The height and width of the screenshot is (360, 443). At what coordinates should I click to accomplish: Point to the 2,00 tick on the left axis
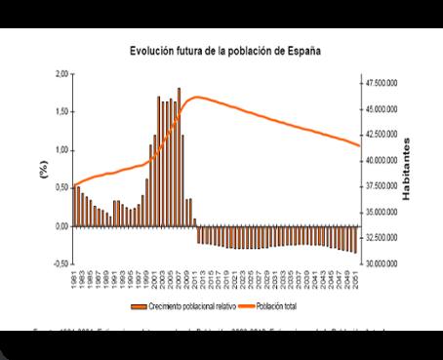click(x=61, y=74)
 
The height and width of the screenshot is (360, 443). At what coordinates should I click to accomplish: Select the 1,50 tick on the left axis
click(x=61, y=112)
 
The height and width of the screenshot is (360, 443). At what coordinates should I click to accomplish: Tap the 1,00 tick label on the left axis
click(x=61, y=150)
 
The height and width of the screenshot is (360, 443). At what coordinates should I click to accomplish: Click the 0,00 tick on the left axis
click(x=61, y=226)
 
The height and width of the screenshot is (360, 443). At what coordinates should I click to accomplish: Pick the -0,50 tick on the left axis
click(x=60, y=264)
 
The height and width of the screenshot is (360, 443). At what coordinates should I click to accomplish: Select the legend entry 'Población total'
click(x=278, y=304)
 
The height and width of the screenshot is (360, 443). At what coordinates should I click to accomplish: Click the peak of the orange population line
click(x=197, y=97)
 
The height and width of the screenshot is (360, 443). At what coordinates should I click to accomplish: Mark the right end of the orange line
click(x=360, y=145)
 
